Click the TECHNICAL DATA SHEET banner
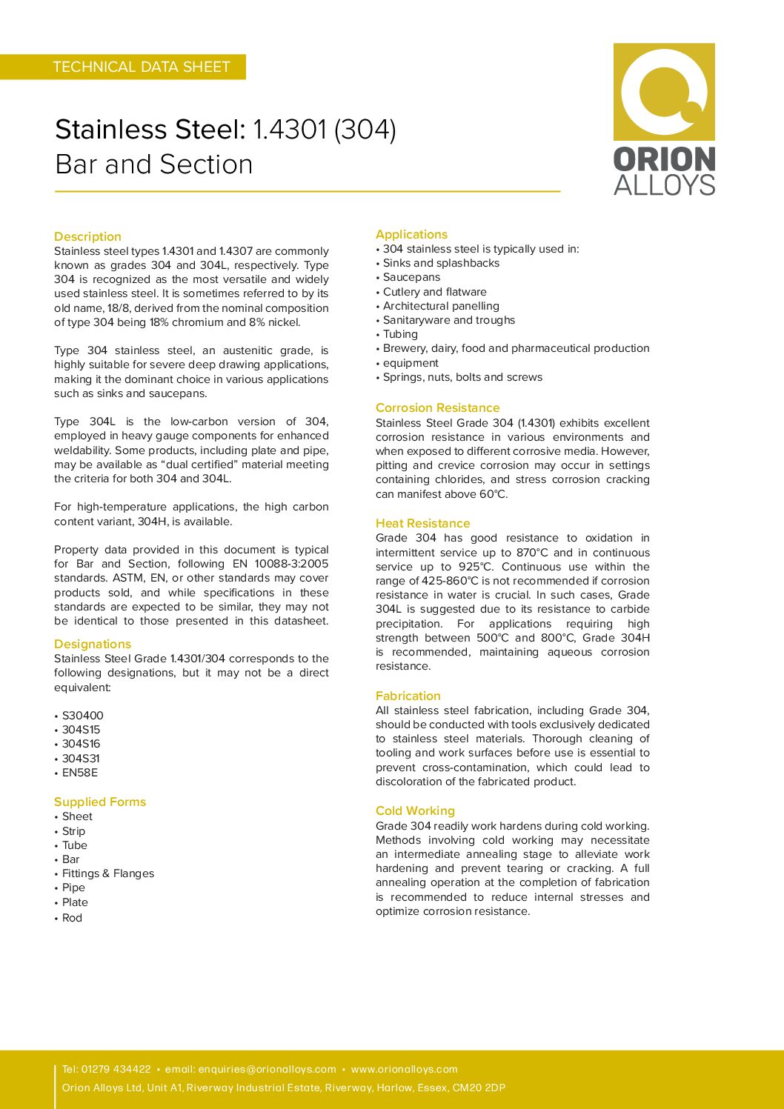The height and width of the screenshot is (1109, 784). pos(141,67)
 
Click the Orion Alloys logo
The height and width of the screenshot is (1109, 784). pos(664,119)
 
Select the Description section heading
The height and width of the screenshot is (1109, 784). pos(87,236)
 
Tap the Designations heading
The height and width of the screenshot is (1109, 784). pos(93,644)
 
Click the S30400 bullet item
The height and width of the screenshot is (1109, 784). pos(82,716)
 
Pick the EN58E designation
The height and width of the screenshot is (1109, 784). pos(79,773)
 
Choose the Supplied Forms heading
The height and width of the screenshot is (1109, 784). pos(100,802)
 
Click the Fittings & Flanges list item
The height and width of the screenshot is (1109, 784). pos(108,873)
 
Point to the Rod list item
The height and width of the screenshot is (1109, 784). pos(72,918)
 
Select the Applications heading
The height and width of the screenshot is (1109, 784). pos(411,234)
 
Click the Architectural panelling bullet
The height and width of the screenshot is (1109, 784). pos(441,306)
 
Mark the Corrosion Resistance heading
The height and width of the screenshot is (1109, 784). pos(437,407)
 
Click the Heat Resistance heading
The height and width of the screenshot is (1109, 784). pos(422,523)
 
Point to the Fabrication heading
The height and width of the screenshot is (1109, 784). pos(408,696)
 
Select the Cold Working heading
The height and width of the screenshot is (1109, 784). pos(415,810)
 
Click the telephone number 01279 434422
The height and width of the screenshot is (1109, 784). pos(116,1069)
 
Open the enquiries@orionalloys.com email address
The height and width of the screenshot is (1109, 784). pos(267,1069)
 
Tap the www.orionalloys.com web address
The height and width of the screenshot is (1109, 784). pos(404,1069)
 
